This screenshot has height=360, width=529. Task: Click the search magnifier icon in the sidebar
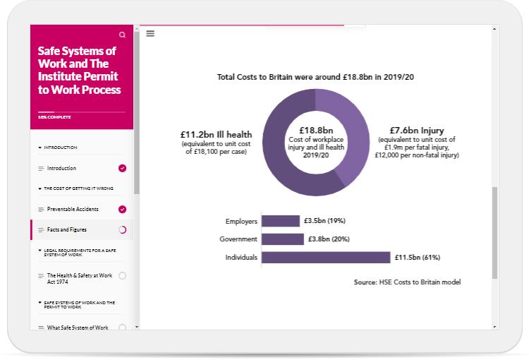[123, 35]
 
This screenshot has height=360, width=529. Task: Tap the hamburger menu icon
[150, 33]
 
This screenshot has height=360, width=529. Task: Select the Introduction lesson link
[61, 168]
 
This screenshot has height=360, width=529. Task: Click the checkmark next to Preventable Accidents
[123, 209]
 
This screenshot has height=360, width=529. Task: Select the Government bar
[282, 239]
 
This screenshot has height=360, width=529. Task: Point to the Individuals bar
[325, 258]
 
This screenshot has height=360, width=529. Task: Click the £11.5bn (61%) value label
[422, 258]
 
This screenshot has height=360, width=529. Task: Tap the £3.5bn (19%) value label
[324, 221]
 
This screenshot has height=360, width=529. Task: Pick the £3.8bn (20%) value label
[330, 239]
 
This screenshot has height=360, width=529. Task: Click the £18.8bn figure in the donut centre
[315, 131]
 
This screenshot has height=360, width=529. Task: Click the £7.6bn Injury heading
[416, 131]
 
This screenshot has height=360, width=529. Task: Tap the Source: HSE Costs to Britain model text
[407, 282]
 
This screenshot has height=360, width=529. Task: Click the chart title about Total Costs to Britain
[315, 76]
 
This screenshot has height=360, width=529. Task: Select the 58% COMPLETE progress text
[51, 116]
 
